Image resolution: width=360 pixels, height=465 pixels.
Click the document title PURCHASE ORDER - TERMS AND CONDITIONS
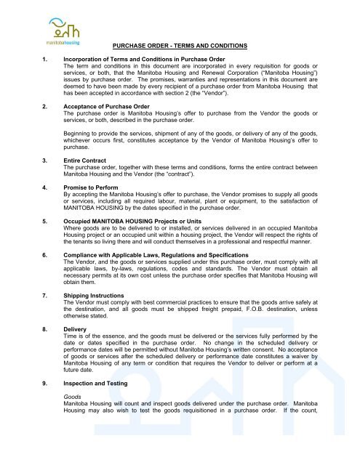pyautogui.click(x=180, y=46)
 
